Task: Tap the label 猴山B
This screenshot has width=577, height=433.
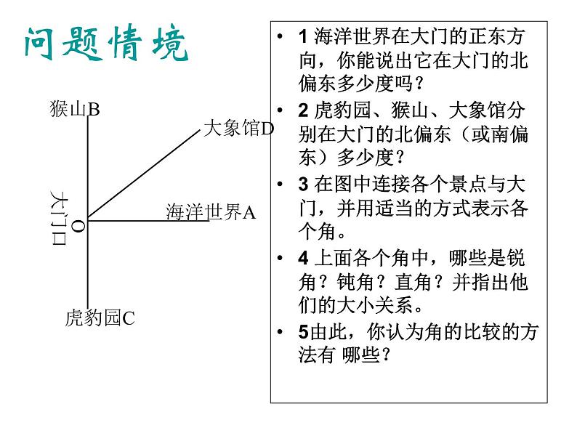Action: tap(75, 110)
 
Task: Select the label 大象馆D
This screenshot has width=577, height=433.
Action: tap(238, 129)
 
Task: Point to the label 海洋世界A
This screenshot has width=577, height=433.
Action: tap(211, 211)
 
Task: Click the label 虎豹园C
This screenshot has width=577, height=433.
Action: tap(100, 317)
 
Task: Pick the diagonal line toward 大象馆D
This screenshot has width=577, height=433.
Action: tap(145, 174)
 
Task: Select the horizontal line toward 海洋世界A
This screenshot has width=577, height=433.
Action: tap(145, 219)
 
